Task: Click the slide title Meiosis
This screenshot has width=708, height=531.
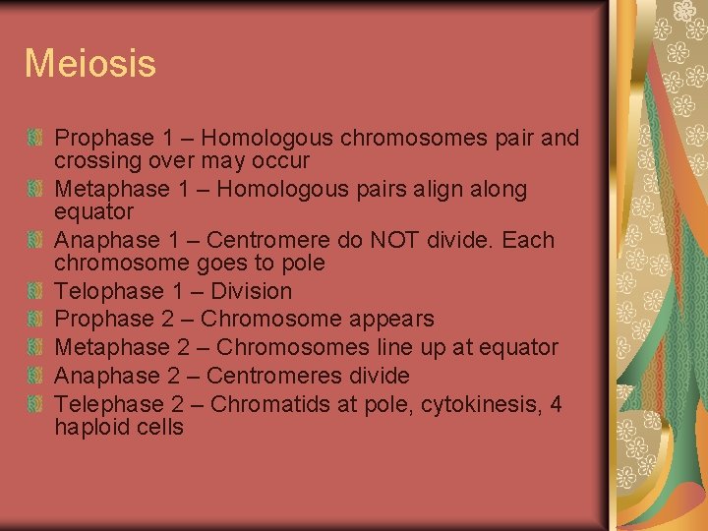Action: pyautogui.click(x=89, y=64)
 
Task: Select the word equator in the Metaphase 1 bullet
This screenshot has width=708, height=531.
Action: pyautogui.click(x=93, y=212)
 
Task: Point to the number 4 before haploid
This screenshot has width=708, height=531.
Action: pyautogui.click(x=556, y=404)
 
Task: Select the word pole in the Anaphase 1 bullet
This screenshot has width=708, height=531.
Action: pyautogui.click(x=306, y=264)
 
